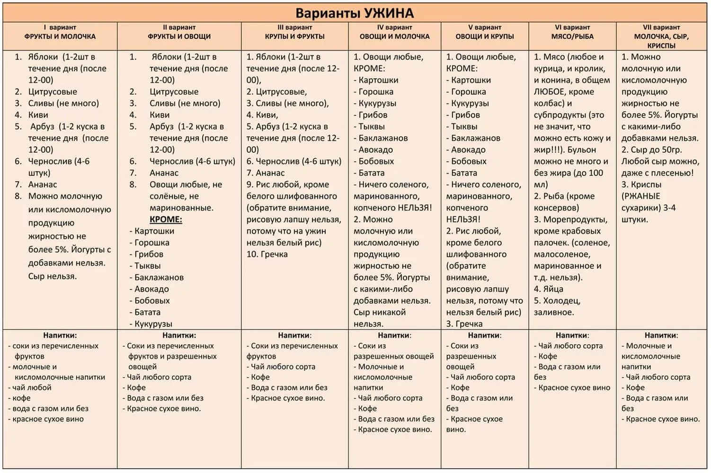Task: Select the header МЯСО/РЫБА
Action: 572,36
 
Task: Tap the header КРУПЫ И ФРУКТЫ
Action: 294,36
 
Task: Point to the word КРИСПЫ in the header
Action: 661,46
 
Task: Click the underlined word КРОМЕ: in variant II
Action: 166,219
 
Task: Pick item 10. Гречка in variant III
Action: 267,254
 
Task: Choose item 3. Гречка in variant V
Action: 464,324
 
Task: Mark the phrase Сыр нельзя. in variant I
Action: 52,276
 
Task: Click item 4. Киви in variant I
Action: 32,115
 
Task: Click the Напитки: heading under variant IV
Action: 394,335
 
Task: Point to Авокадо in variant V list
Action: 468,150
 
